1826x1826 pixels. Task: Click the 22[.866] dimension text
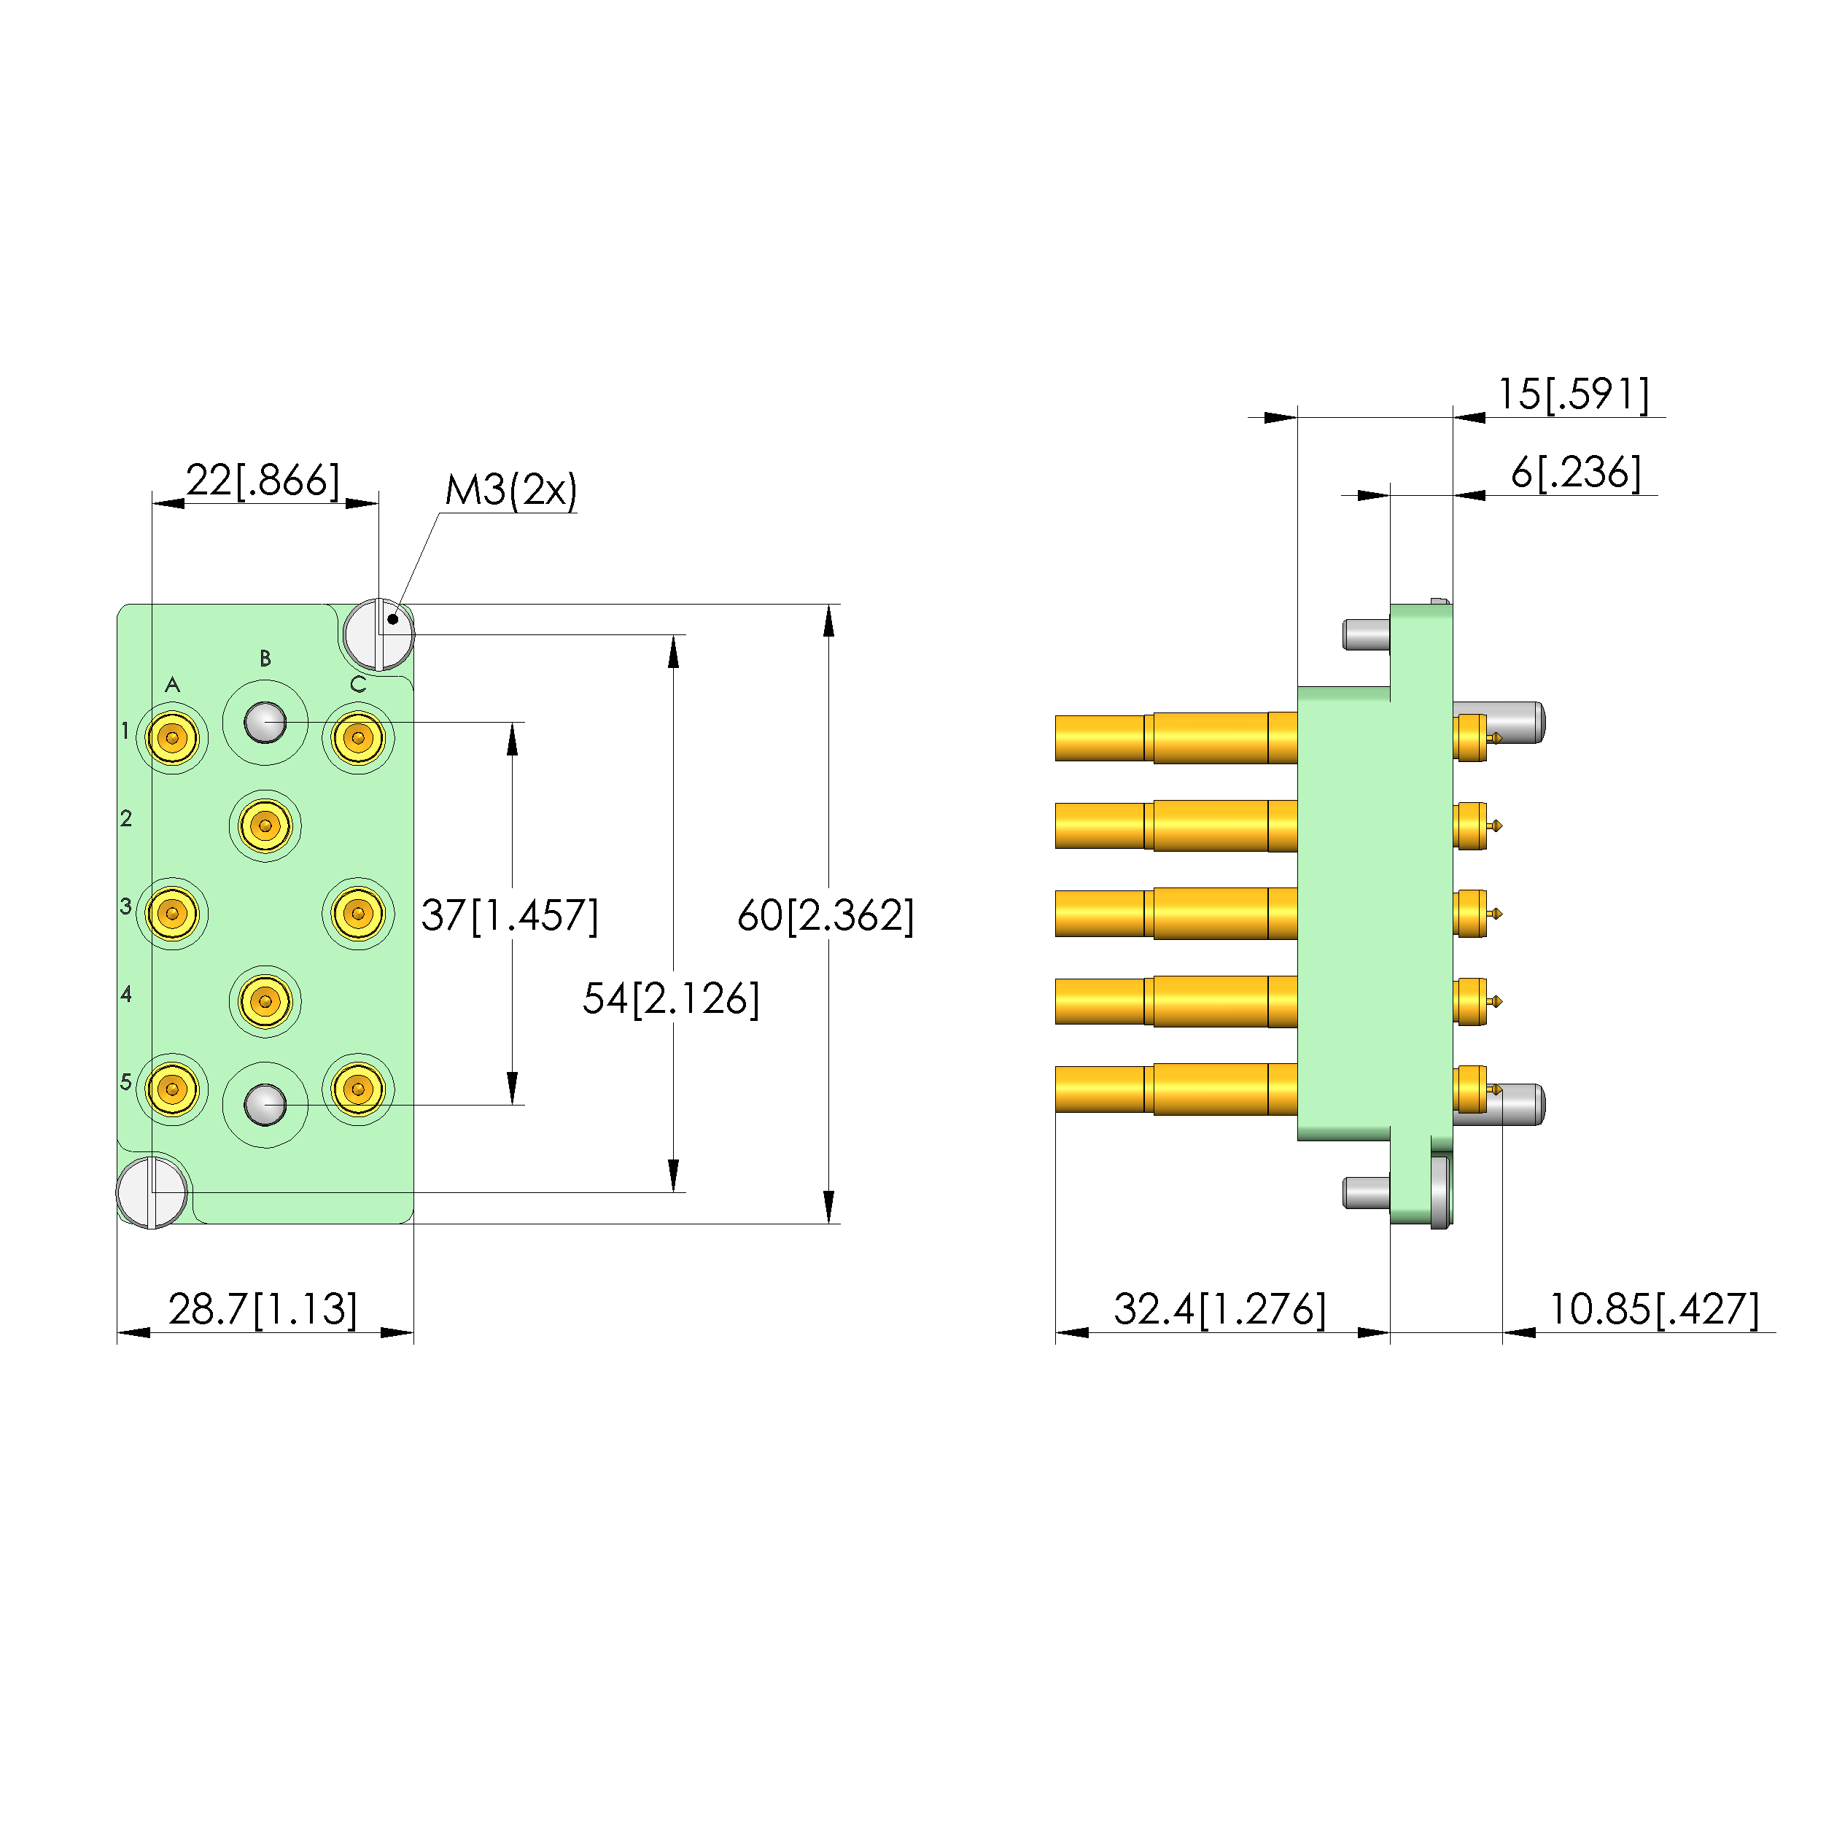click(262, 480)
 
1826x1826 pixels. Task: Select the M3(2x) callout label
click(510, 489)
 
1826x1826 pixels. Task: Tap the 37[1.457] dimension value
click(510, 915)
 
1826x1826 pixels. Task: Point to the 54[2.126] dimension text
click(670, 998)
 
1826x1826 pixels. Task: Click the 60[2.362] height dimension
click(825, 915)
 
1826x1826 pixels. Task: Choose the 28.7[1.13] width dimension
click(263, 1309)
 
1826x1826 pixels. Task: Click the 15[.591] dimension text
click(1573, 394)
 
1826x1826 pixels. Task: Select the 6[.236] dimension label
click(1576, 473)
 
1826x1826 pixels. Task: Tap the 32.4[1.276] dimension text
click(1219, 1309)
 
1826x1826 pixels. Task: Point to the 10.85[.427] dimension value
click(1653, 1309)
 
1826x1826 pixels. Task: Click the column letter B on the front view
click(265, 658)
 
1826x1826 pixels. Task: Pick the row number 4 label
click(125, 993)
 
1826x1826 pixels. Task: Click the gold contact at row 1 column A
click(172, 737)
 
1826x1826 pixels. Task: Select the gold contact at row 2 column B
click(265, 825)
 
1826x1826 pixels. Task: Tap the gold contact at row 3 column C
click(358, 914)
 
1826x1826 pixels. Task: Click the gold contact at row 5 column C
click(358, 1089)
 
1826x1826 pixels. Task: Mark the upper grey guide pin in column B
click(265, 723)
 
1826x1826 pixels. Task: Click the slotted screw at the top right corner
click(378, 633)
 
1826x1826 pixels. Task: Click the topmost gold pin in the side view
click(1175, 737)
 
